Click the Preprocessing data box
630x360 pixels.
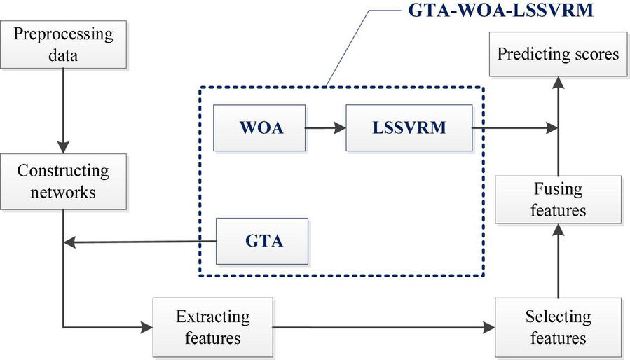click(x=63, y=45)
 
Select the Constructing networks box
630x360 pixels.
click(x=63, y=181)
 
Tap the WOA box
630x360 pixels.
click(x=260, y=128)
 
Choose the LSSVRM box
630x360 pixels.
click(x=399, y=128)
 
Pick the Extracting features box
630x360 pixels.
click(x=213, y=327)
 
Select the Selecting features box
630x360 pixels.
click(x=558, y=327)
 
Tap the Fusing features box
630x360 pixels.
click(x=558, y=200)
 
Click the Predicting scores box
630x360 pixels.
click(x=558, y=54)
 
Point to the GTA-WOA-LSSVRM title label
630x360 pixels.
click(x=500, y=11)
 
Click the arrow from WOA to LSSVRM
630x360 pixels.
click(x=325, y=128)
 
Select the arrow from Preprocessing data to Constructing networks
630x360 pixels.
click(x=63, y=112)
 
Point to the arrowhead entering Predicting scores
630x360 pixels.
click(x=558, y=83)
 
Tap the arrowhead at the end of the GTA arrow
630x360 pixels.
click(x=69, y=243)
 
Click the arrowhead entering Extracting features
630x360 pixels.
click(x=147, y=327)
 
